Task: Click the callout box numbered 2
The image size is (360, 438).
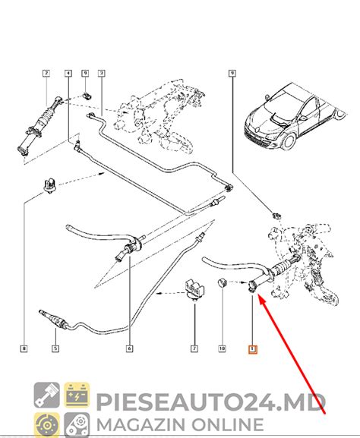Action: click(46, 74)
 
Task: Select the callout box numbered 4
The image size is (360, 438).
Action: click(68, 74)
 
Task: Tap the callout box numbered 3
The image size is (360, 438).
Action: click(101, 74)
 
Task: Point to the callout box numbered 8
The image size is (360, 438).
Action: click(24, 349)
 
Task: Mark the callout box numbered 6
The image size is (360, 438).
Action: click(130, 349)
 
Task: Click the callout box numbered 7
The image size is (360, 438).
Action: click(194, 349)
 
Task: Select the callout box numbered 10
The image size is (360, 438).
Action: click(223, 349)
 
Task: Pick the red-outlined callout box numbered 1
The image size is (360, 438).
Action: click(253, 349)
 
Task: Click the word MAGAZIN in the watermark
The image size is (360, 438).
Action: click(144, 421)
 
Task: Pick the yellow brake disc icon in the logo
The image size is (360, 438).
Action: click(46, 421)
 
